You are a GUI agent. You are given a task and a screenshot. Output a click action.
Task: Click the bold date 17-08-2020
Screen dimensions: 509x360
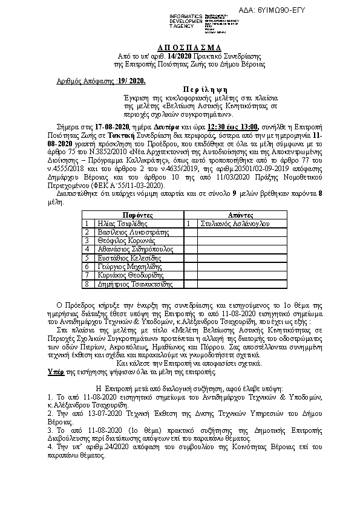click(96, 126)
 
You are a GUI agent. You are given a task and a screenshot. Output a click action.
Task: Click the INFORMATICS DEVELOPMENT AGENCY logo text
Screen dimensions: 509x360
click(187, 19)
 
